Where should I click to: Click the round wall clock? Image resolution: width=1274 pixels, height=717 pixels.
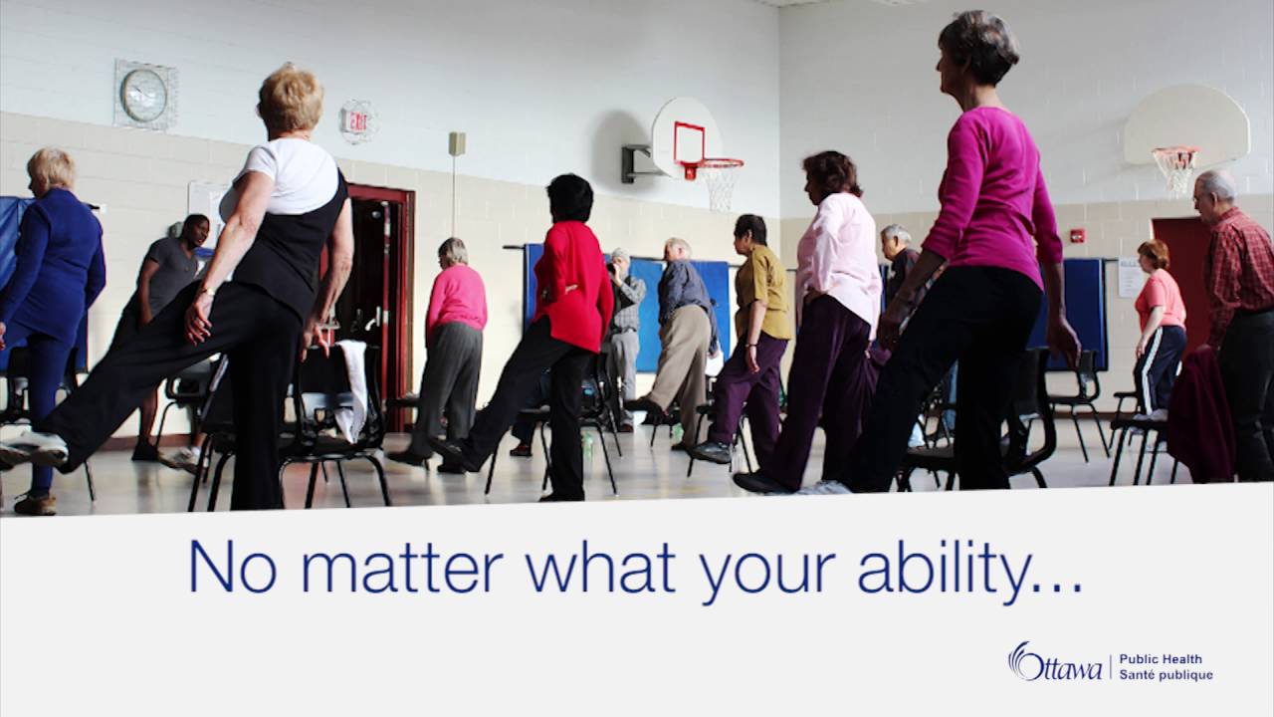pos(144,95)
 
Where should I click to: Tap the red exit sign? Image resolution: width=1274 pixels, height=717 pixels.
pos(356,121)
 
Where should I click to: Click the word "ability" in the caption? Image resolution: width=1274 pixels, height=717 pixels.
pos(955,568)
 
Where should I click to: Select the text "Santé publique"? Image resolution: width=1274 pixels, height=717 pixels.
pos(1166,675)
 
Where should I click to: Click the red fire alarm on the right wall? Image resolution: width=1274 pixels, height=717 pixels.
pos(1077,236)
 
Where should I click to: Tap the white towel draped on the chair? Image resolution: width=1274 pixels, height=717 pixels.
pos(351,388)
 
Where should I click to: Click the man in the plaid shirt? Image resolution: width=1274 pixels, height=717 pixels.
pos(1237,319)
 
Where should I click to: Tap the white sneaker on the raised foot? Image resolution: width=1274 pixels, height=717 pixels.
pos(32,447)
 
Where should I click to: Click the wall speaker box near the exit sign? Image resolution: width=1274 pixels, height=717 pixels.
pos(457,143)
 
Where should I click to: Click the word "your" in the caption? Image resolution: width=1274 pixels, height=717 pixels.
pos(770,570)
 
